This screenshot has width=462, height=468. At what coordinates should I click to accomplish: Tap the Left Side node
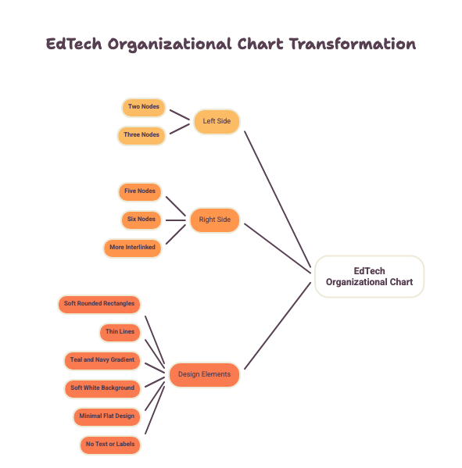pos(217,122)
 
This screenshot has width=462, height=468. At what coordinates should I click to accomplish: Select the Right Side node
pos(215,220)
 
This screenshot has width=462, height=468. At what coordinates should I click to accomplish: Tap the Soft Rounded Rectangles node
pos(99,305)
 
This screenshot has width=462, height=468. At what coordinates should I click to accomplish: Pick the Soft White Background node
pos(102,389)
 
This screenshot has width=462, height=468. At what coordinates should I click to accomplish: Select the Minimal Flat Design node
pos(106,417)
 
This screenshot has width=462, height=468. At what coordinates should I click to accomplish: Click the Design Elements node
pos(204,375)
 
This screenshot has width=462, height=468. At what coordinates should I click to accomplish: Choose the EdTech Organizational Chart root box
pos(370,277)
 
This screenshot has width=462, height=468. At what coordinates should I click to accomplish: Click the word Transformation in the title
pos(353,44)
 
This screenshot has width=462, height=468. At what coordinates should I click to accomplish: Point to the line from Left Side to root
pos(278,199)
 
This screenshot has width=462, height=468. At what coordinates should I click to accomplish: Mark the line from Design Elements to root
pos(278,326)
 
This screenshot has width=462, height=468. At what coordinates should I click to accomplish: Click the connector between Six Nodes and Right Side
pos(176,220)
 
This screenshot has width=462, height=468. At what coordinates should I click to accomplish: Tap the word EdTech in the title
pos(73,44)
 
